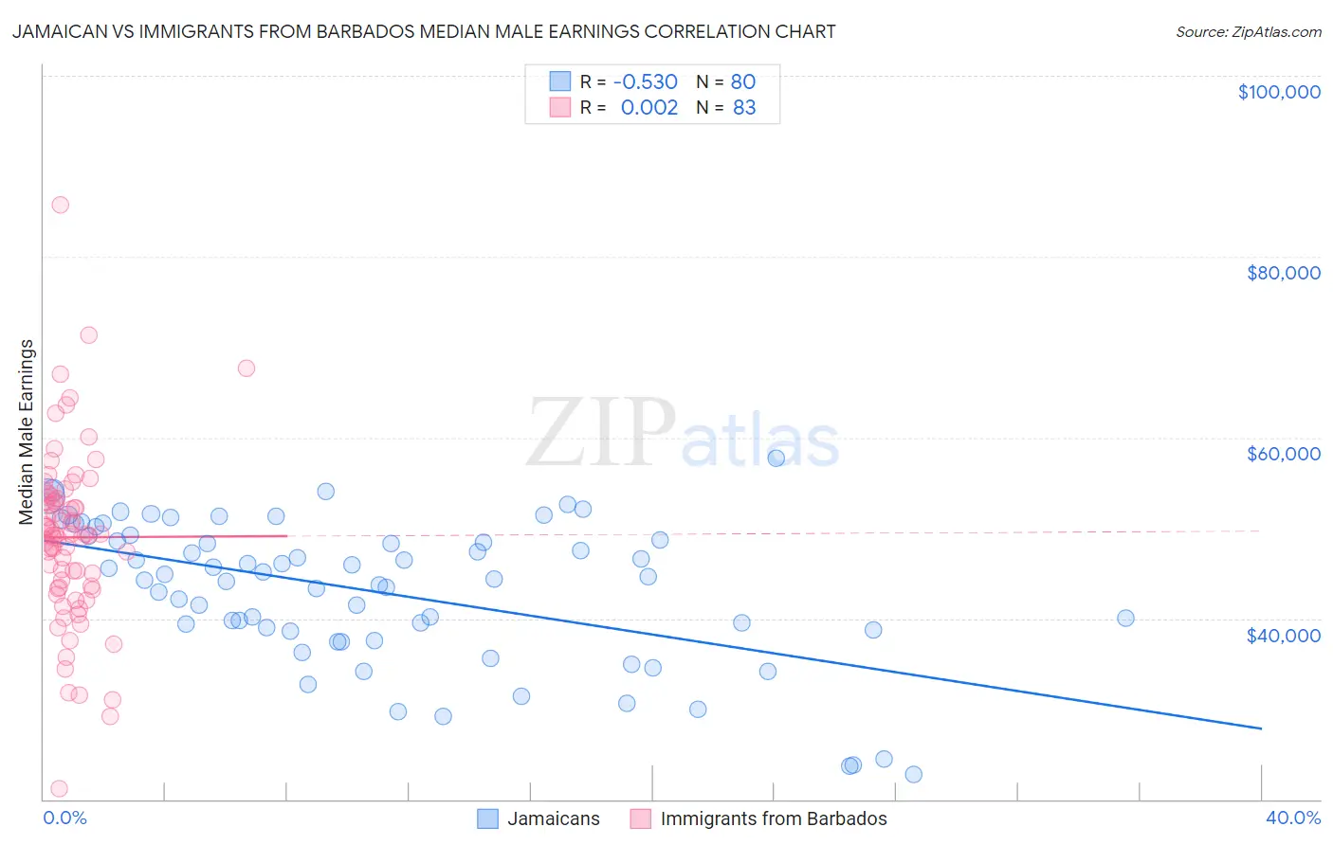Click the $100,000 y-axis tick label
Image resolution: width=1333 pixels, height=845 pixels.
pyautogui.click(x=1278, y=92)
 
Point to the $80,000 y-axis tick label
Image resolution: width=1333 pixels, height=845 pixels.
pyautogui.click(x=1283, y=273)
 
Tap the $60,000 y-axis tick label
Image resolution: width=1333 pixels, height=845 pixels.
pyautogui.click(x=1283, y=454)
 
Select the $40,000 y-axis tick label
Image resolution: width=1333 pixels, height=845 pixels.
pyautogui.click(x=1283, y=635)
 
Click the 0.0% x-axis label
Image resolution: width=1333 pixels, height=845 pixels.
pyautogui.click(x=64, y=818)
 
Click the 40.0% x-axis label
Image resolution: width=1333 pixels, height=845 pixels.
pyautogui.click(x=1292, y=818)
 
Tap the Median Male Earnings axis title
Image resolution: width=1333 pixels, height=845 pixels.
pyautogui.click(x=27, y=432)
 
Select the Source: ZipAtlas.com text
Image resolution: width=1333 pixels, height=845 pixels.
pyautogui.click(x=1248, y=31)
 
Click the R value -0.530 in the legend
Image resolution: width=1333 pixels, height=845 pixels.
pyautogui.click(x=646, y=81)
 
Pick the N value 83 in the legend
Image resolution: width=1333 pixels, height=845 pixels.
pyautogui.click(x=744, y=107)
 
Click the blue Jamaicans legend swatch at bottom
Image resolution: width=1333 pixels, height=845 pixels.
pyautogui.click(x=487, y=818)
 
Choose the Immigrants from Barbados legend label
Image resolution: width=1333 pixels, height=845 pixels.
pyautogui.click(x=774, y=818)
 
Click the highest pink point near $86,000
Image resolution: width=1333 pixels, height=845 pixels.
pyautogui.click(x=60, y=205)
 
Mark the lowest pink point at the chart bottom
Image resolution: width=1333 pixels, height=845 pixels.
pyautogui.click(x=59, y=788)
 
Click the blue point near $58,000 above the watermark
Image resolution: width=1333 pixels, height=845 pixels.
pyautogui.click(x=776, y=458)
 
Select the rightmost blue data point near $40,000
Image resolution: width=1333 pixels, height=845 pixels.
pyautogui.click(x=1125, y=618)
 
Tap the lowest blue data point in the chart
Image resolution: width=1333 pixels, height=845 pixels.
pyautogui.click(x=913, y=774)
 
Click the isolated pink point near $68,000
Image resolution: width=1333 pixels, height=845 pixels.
pyautogui.click(x=247, y=368)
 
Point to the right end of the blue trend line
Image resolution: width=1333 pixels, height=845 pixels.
pyautogui.click(x=1261, y=728)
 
